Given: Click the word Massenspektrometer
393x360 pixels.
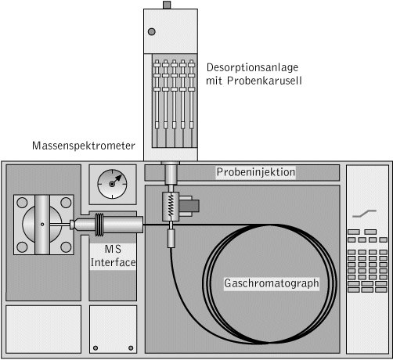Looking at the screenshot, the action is click(x=84, y=146).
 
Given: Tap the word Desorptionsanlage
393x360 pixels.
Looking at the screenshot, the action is click(x=252, y=67).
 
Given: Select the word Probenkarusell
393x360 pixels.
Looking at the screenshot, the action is click(x=265, y=81).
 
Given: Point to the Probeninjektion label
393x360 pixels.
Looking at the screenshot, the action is click(x=256, y=172).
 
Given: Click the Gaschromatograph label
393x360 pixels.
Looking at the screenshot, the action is click(x=272, y=283).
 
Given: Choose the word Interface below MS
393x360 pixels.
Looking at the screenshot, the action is click(x=113, y=262).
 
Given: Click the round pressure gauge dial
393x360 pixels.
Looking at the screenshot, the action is click(x=112, y=184).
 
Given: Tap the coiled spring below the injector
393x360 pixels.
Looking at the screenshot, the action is click(x=171, y=206).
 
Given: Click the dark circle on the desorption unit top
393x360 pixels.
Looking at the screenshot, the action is click(x=152, y=31).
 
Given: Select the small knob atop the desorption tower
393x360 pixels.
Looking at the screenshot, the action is click(x=167, y=5).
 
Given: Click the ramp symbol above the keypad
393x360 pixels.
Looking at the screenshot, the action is click(x=364, y=214).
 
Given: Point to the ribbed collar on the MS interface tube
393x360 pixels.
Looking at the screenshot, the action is click(x=99, y=225).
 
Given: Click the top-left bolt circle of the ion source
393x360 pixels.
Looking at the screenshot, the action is click(x=22, y=203).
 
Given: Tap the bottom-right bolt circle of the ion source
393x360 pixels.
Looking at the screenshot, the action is click(x=66, y=247).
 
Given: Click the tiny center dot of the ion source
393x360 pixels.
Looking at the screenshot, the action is click(x=42, y=224).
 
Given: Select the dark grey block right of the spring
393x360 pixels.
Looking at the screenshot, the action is click(x=189, y=206).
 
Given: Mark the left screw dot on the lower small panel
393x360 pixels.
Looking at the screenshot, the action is click(x=96, y=348).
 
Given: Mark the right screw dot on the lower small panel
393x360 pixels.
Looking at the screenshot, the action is click(x=131, y=348).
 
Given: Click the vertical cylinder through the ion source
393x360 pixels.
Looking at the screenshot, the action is click(x=42, y=225).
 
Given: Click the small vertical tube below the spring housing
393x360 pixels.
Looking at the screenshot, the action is click(x=171, y=238).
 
